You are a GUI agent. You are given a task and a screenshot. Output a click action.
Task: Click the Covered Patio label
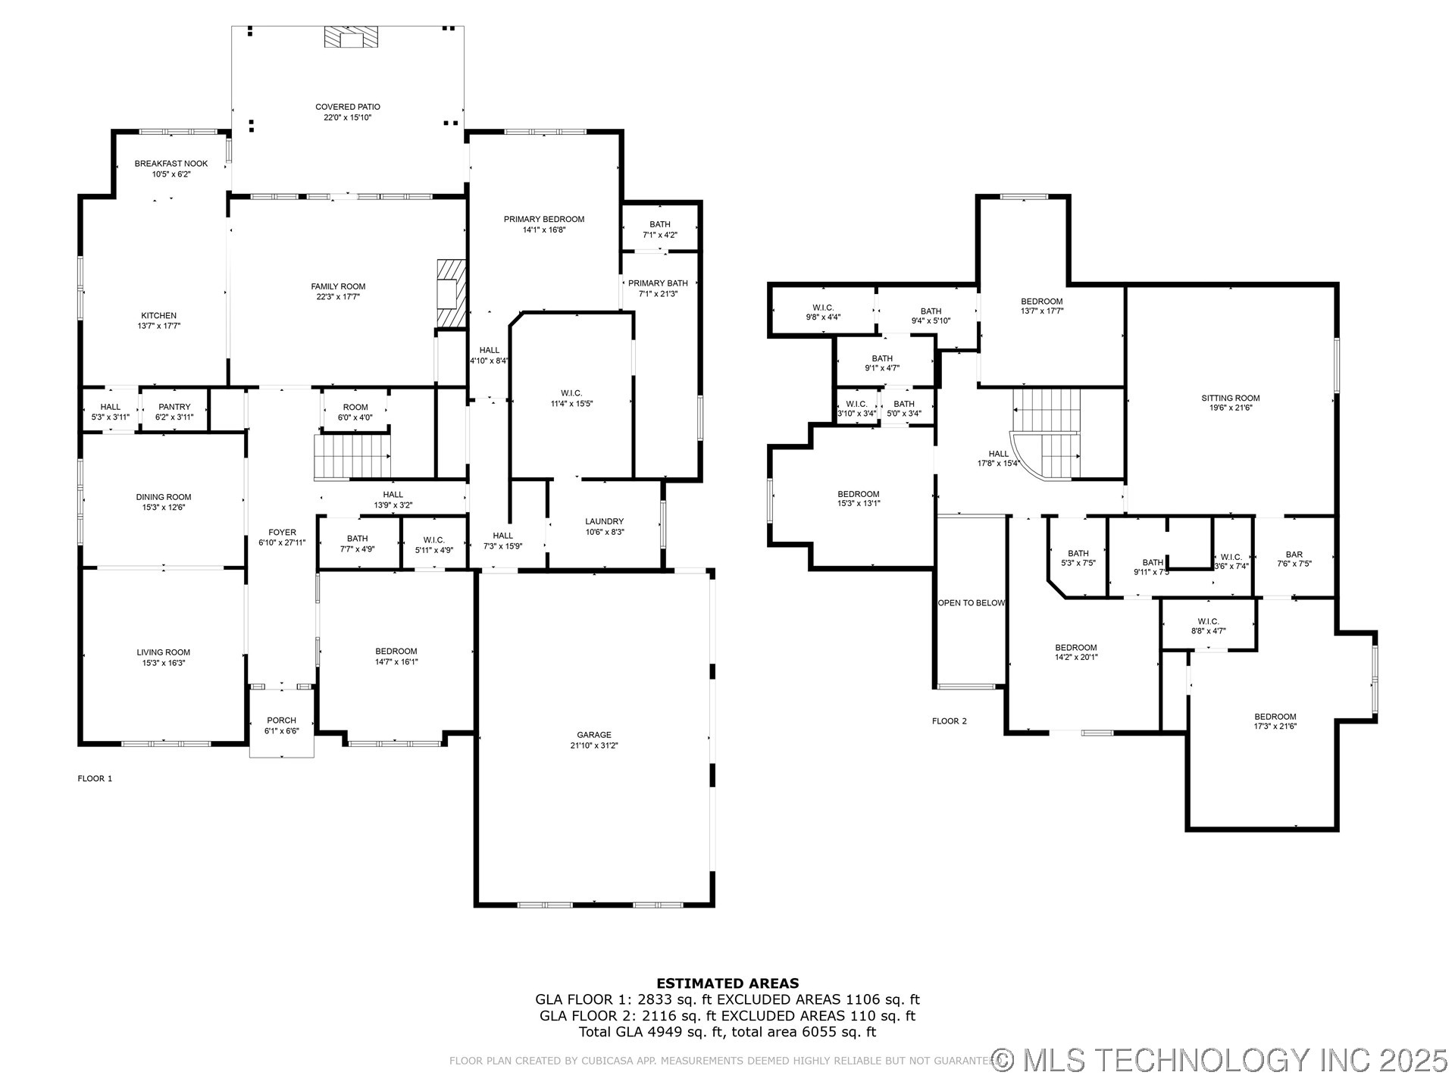[348, 107]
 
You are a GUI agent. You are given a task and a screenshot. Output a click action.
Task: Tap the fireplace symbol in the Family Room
[450, 293]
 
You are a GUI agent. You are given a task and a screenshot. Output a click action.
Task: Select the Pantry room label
[174, 407]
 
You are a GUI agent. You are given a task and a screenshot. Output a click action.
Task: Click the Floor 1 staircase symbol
[352, 456]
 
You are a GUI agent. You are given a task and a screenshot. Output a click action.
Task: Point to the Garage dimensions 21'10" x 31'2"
[594, 746]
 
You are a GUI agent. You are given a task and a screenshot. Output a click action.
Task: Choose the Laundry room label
[604, 521]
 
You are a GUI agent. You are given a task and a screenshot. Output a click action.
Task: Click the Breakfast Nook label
[171, 164]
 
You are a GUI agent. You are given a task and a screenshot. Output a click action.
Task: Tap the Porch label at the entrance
[281, 721]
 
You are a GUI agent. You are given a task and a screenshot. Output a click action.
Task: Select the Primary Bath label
[658, 283]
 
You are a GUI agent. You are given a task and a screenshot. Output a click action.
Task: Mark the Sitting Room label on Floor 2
[1231, 398]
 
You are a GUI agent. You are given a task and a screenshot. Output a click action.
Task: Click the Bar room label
[1294, 555]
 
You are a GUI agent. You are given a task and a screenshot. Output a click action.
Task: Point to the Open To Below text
[972, 603]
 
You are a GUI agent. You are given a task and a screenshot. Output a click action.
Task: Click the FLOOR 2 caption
[949, 721]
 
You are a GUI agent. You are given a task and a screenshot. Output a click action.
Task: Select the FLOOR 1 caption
[95, 779]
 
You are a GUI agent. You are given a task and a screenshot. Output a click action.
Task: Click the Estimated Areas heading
[727, 983]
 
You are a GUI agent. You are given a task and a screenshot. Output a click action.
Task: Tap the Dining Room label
[164, 497]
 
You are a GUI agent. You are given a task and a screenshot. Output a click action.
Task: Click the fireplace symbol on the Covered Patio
[351, 37]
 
